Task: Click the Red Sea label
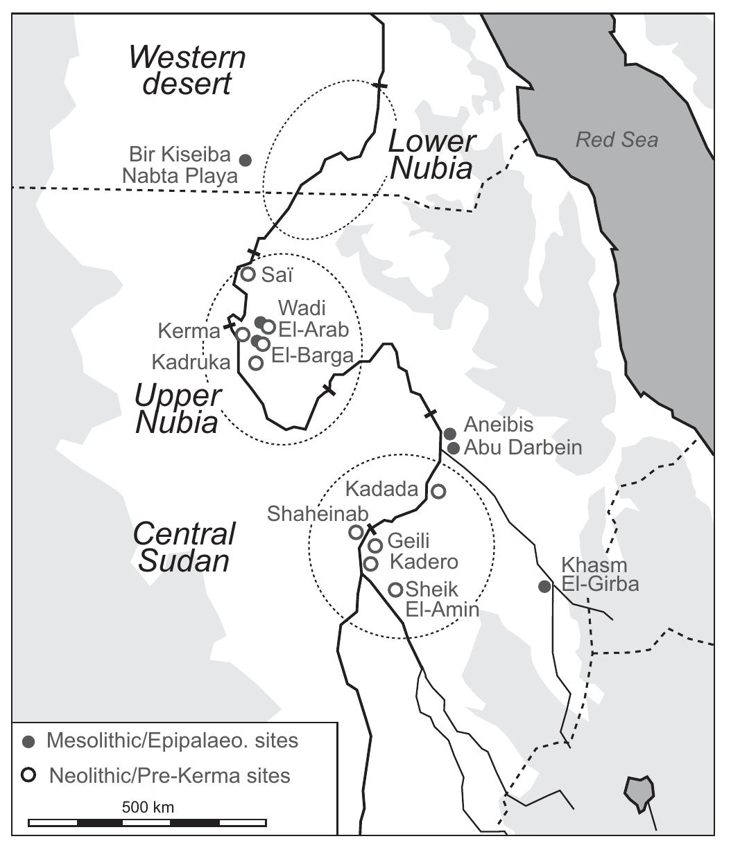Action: click(x=617, y=140)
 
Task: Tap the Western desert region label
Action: click(x=188, y=71)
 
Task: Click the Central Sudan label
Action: click(x=184, y=547)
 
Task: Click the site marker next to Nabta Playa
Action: click(x=245, y=160)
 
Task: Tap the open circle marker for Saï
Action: click(x=248, y=274)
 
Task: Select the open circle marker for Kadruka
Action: click(x=256, y=362)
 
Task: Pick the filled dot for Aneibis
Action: click(x=449, y=434)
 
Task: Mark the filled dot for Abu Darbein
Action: click(x=453, y=448)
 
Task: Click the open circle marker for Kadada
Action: click(x=438, y=491)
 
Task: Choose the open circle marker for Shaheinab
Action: click(x=355, y=532)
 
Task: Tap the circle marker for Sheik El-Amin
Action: click(x=395, y=590)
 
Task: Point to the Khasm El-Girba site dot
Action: click(x=545, y=587)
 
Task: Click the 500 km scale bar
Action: click(x=148, y=823)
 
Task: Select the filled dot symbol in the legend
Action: click(x=28, y=742)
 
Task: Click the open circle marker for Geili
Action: click(x=375, y=546)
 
